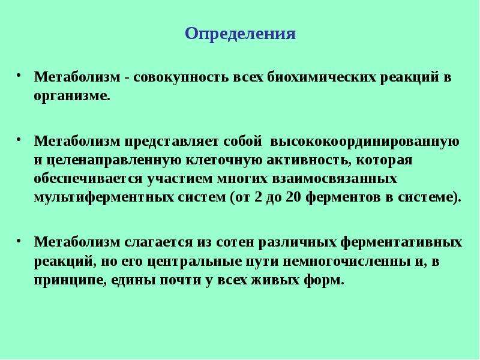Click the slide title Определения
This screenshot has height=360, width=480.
tap(241, 34)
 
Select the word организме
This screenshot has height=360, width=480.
tap(72, 96)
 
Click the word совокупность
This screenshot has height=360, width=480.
tap(181, 77)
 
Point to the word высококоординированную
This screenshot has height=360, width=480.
tap(365, 141)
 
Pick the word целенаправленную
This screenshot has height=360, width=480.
tap(114, 160)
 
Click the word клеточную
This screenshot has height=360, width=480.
tap(224, 160)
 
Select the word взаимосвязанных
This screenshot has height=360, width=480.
tap(335, 178)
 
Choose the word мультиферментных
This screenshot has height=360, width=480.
tap(104, 197)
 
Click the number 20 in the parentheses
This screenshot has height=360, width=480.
tap(294, 197)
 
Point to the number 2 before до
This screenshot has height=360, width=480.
tap(259, 197)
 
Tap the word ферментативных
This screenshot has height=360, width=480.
tap(401, 242)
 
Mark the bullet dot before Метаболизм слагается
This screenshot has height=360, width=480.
tap(19, 241)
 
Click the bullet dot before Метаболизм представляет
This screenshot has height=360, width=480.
tap(19, 140)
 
